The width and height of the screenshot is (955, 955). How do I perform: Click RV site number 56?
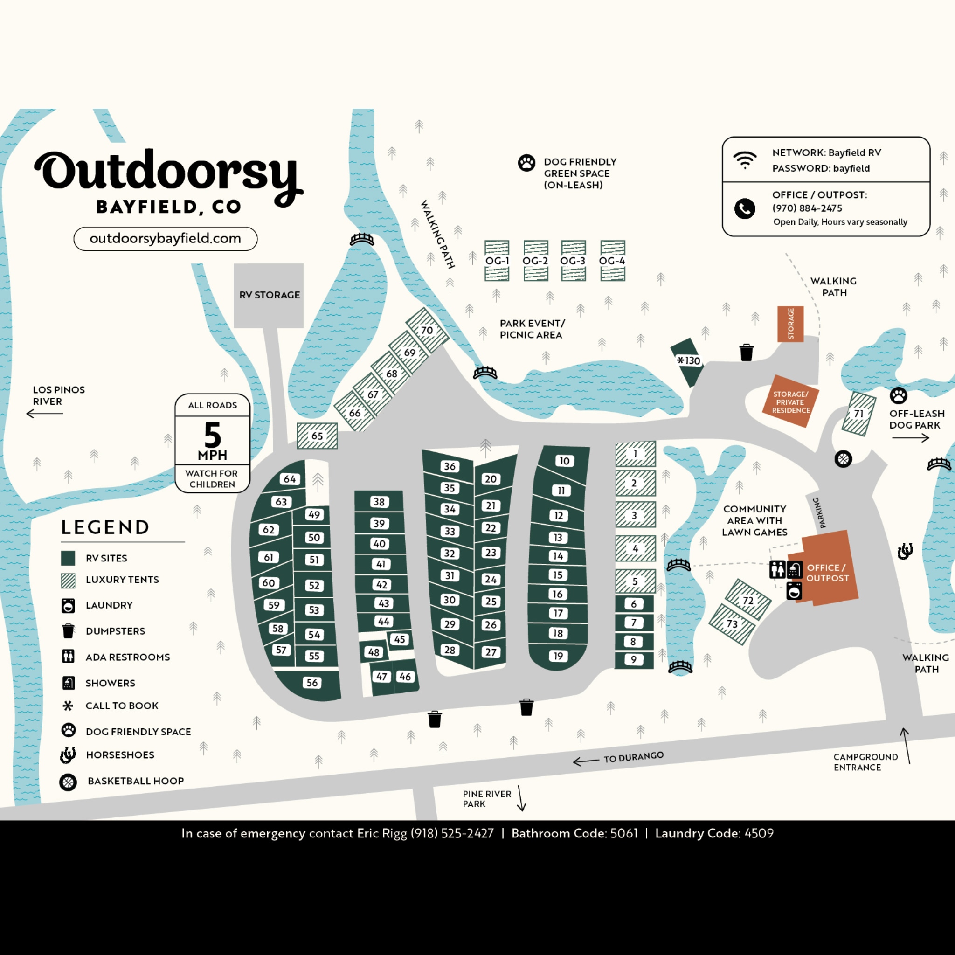312,683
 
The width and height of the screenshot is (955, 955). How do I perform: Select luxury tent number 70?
427,330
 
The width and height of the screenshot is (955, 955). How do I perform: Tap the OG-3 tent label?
573,261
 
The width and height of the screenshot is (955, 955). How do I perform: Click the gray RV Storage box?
269,295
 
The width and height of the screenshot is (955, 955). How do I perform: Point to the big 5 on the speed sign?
213,435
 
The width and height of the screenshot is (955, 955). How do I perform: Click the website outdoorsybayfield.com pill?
165,239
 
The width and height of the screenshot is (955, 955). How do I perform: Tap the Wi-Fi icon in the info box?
745,159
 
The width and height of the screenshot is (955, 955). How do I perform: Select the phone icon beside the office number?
744,208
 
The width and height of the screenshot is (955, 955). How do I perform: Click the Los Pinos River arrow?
44,413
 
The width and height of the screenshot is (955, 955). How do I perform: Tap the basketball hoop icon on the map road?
843,459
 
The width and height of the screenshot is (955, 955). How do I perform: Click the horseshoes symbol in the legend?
68,755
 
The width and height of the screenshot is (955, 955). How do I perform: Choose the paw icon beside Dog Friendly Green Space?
526,163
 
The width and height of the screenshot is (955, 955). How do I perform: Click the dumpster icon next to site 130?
747,353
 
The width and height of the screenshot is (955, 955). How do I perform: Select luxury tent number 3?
635,515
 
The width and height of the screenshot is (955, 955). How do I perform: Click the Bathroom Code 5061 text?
574,833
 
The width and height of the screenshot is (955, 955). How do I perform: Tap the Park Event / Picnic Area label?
532,329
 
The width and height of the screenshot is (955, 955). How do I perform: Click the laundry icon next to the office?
794,591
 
